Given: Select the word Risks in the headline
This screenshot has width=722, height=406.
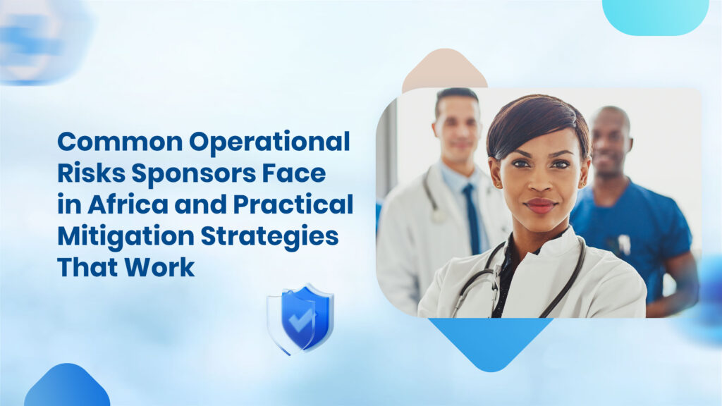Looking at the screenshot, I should (90, 173).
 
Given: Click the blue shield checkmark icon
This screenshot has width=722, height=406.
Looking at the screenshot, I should (300, 318).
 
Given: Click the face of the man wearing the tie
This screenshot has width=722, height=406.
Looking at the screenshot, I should (457, 131).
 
